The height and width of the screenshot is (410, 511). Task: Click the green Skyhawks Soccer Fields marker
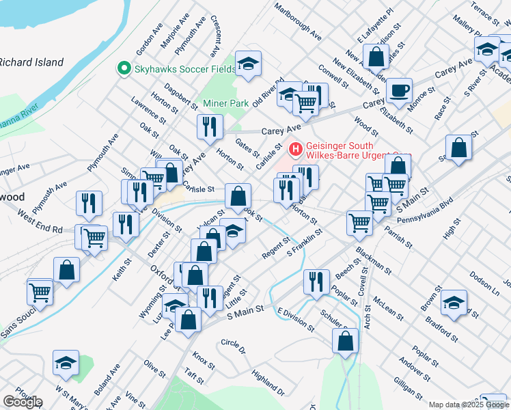(x=124, y=68)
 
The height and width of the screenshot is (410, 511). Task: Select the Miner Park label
(x=225, y=104)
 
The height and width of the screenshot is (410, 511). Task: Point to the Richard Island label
(x=31, y=62)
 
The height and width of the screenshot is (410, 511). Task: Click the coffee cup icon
(x=399, y=89)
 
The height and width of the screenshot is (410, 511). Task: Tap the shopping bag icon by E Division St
(x=346, y=340)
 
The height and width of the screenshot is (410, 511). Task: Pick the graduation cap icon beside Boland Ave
(x=66, y=362)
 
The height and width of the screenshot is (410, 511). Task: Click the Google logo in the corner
(x=23, y=402)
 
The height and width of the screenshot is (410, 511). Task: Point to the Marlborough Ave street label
(x=298, y=20)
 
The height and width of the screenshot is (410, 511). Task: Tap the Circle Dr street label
(x=233, y=346)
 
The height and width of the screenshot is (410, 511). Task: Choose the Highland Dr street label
(x=268, y=382)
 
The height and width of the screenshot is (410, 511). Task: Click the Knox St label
(x=204, y=358)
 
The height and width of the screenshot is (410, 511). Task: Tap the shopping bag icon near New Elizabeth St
(x=375, y=55)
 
